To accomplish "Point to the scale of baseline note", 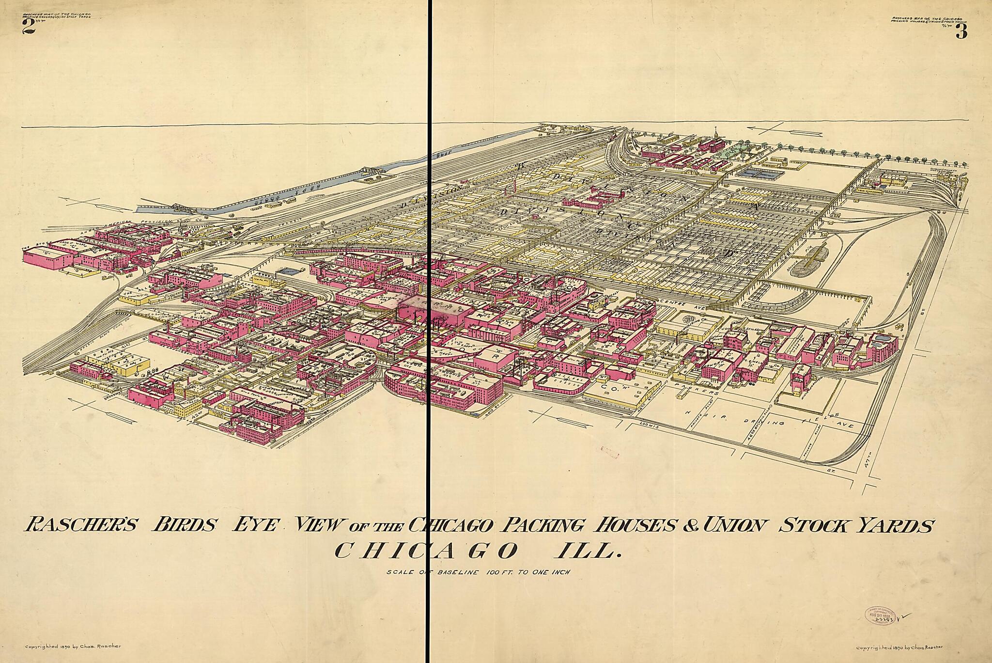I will coord(479,572).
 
